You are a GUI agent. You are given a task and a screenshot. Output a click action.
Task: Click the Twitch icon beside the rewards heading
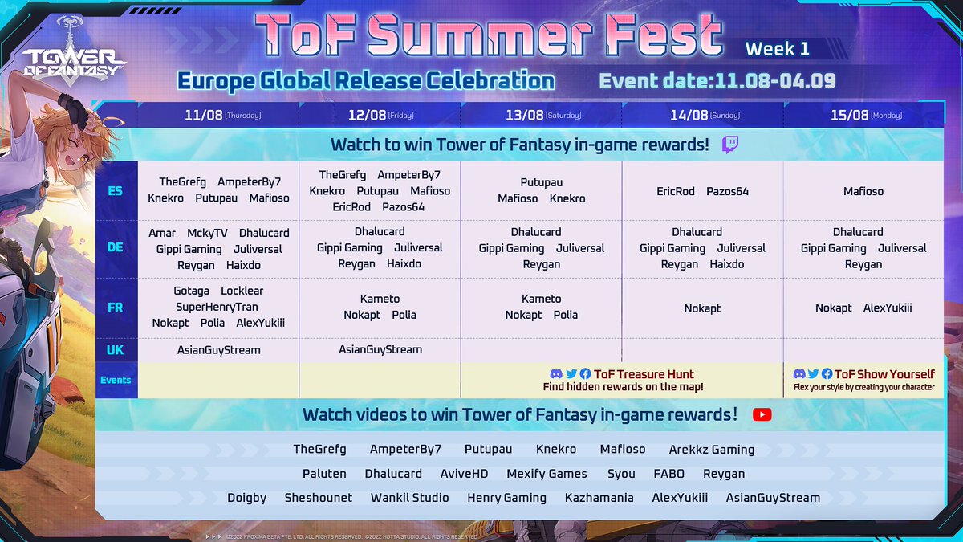(x=730, y=145)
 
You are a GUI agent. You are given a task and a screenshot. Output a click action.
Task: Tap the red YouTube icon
(x=762, y=414)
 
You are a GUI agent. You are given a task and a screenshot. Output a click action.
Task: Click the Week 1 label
(x=777, y=49)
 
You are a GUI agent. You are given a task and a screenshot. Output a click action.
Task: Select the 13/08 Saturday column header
(x=542, y=115)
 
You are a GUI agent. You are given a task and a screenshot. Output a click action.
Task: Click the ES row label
(x=116, y=191)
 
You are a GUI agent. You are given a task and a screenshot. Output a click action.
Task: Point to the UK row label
(x=116, y=350)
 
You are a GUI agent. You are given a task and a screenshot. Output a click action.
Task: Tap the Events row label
(x=116, y=380)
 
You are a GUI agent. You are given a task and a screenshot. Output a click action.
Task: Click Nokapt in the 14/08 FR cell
(x=702, y=308)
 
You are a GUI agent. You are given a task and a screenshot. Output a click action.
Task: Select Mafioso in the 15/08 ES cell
(x=863, y=191)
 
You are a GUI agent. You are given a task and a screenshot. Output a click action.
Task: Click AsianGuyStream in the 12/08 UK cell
(x=380, y=349)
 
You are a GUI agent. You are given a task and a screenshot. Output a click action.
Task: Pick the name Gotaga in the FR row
(x=191, y=291)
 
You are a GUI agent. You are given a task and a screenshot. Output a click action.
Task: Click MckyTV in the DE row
(x=207, y=233)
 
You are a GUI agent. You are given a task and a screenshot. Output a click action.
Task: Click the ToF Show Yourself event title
(x=884, y=374)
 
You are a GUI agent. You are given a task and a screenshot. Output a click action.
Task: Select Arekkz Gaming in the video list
(x=711, y=450)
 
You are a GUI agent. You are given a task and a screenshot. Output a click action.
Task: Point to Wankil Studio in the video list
(x=409, y=498)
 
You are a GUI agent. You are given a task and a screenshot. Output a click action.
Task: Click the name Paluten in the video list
(x=324, y=474)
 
